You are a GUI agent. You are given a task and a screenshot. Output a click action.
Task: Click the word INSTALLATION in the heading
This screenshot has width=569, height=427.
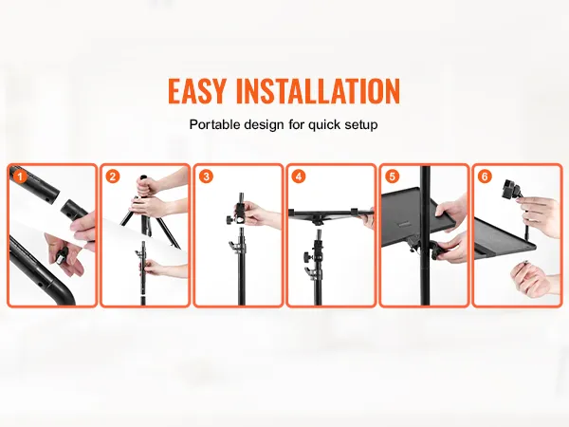click(x=318, y=91)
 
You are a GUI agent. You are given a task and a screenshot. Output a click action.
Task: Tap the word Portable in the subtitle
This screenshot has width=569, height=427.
click(x=215, y=124)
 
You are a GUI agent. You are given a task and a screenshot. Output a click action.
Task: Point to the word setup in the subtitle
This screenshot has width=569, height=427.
click(x=361, y=125)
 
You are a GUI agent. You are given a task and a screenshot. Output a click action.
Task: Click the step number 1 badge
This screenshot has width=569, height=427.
click(x=20, y=176)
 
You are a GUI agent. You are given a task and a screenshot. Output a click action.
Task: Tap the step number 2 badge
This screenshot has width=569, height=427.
click(x=113, y=176)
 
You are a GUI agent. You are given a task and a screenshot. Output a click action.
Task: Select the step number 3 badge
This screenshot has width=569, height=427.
click(x=206, y=176)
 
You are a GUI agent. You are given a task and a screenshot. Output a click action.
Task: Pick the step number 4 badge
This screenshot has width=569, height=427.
click(x=299, y=176)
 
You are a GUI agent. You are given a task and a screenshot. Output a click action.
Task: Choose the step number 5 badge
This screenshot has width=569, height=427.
click(x=392, y=176)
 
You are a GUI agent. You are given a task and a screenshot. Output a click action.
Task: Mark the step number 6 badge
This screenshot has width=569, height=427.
click(x=485, y=176)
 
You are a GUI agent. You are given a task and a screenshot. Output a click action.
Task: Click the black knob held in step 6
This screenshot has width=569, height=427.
click(x=508, y=189)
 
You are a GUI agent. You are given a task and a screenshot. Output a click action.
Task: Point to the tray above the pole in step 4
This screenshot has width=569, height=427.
click(x=330, y=214)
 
